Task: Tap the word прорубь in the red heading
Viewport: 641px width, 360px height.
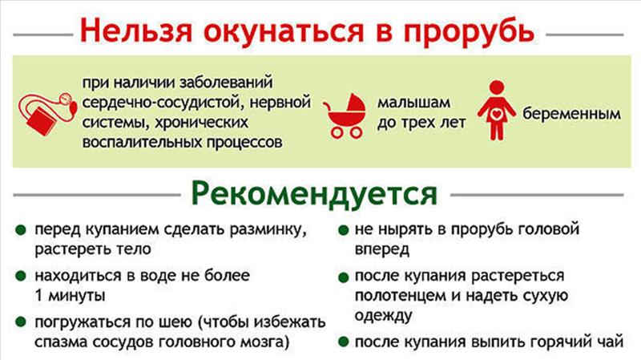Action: [469, 33]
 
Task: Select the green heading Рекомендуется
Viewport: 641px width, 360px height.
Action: [314, 195]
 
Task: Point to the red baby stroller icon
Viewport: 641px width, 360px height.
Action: [345, 115]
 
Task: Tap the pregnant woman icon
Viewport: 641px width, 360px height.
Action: [496, 111]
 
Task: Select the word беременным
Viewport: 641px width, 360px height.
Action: [571, 114]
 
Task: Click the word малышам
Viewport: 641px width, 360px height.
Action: [413, 103]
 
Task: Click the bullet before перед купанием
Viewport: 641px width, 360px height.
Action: [21, 230]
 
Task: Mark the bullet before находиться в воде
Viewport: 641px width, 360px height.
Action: [21, 276]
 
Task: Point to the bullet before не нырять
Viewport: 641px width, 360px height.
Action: [344, 230]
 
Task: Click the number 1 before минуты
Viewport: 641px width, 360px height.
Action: [39, 295]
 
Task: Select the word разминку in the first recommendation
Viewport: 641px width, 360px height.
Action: [268, 230]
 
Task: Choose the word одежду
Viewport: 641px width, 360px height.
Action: [383, 316]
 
